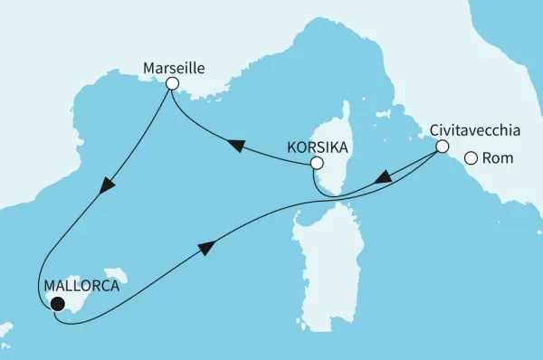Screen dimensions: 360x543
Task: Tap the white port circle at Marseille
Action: tap(172, 83)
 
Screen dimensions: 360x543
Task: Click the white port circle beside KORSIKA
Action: tap(316, 164)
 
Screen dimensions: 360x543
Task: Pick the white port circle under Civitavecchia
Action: tap(443, 147)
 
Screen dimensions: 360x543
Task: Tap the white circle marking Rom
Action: tap(471, 159)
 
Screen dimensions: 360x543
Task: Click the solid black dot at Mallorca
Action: tap(57, 305)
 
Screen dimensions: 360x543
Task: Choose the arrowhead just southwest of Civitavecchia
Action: tap(384, 178)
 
